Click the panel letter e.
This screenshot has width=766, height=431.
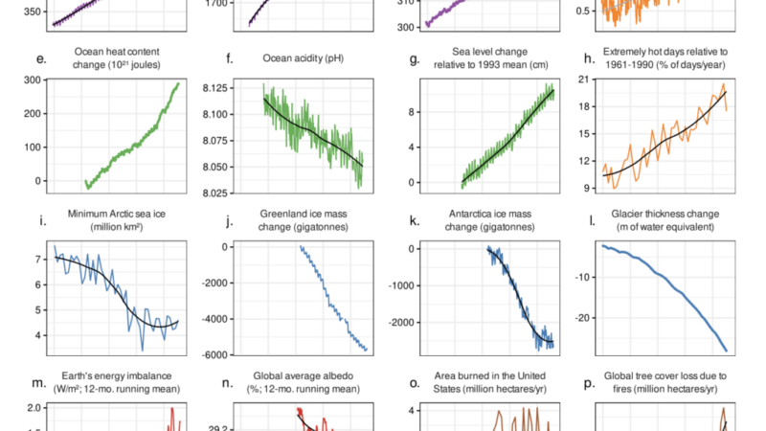tap(41, 59)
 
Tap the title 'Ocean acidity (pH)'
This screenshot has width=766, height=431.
tap(303, 58)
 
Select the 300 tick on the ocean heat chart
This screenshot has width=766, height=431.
tap(33, 80)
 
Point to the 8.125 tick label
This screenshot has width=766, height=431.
tap(214, 88)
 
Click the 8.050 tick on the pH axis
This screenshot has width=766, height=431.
tap(214, 167)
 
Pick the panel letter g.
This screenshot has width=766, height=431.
tap(415, 59)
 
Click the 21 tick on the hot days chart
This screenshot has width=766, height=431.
tap(585, 79)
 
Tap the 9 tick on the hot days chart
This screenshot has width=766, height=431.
tap(587, 188)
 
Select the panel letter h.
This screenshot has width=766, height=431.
tap(589, 58)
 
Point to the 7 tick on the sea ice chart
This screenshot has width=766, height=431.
tap(37, 260)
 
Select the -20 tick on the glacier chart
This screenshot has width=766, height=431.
tap(583, 318)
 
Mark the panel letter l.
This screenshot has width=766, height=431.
tap(592, 221)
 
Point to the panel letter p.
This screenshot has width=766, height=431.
tap(589, 384)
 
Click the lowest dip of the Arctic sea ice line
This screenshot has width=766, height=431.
tap(143, 350)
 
